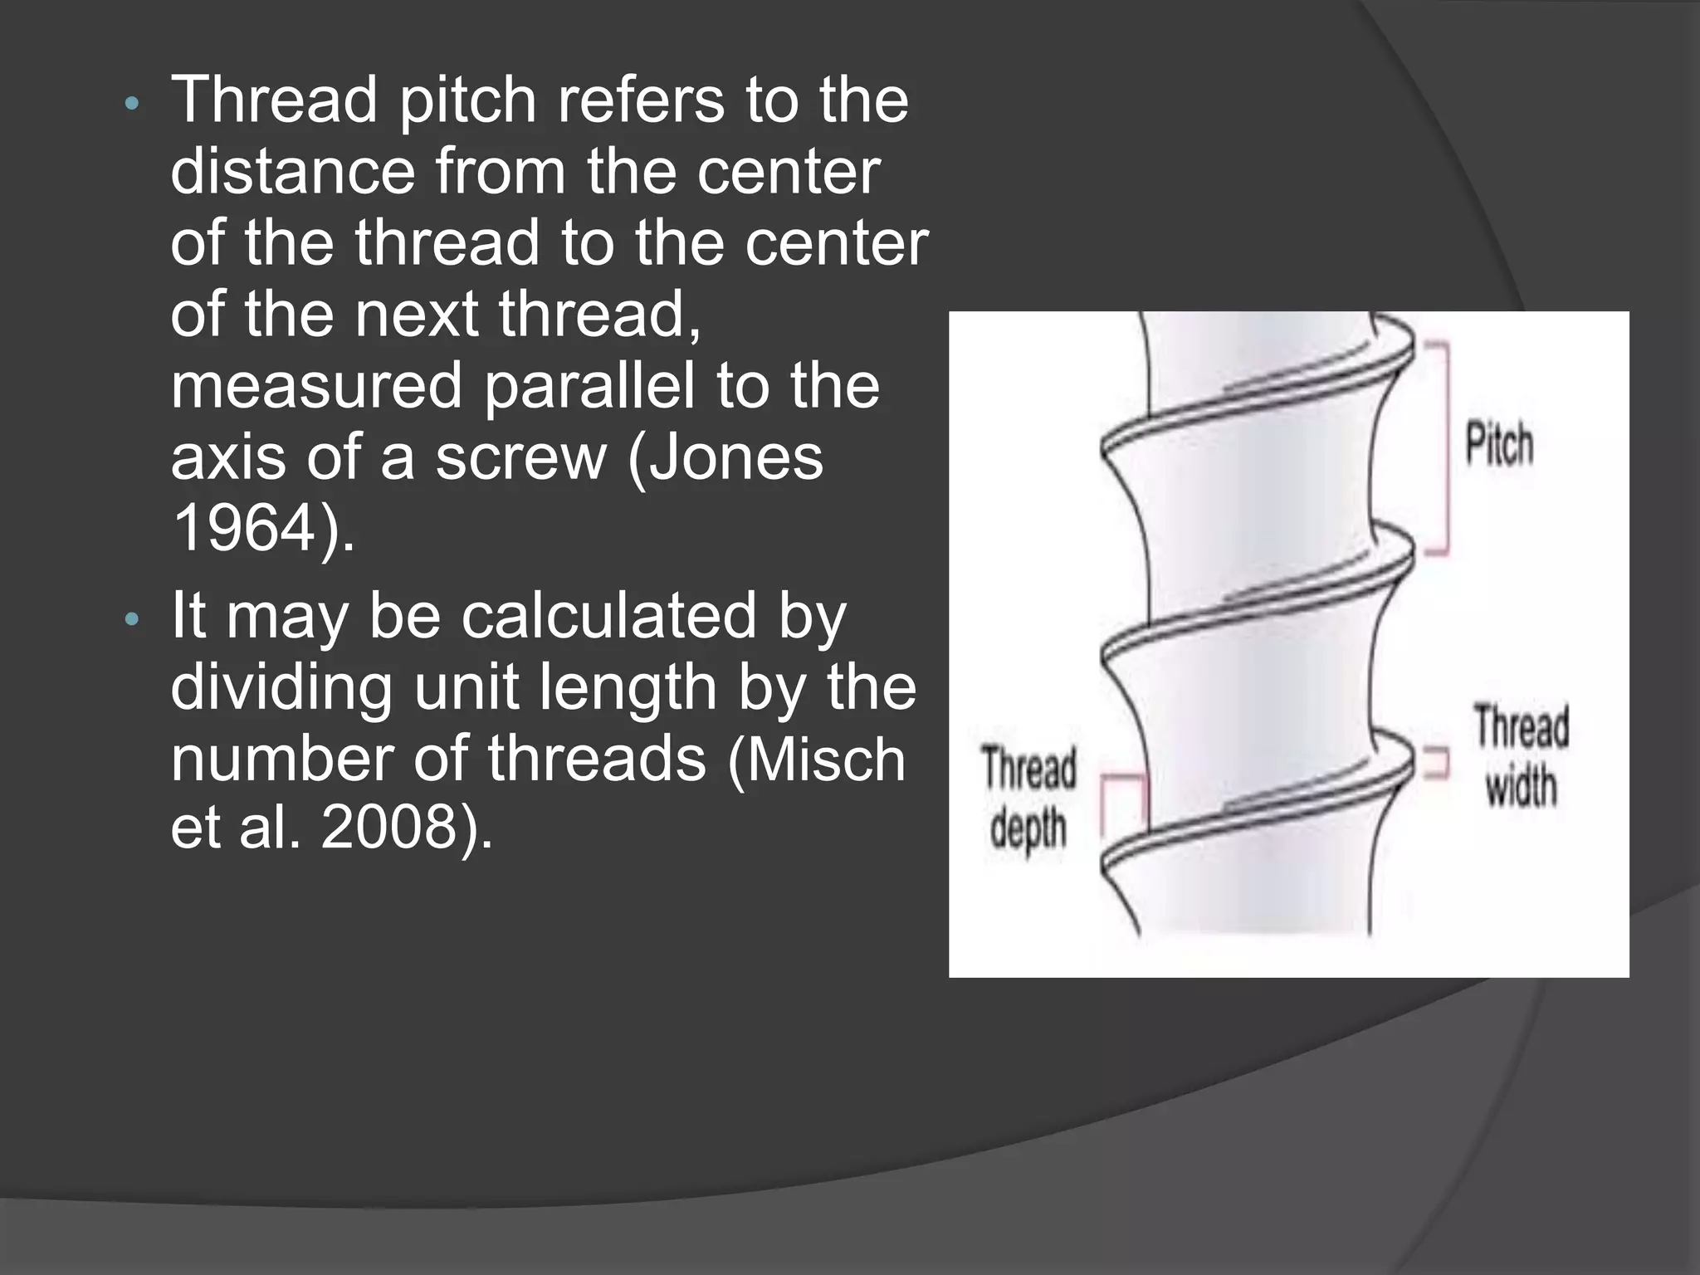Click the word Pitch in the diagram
pos(1498,444)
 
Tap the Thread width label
pos(1521,755)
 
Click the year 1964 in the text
pos(245,528)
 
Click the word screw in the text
pos(521,457)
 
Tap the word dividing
pos(281,688)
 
